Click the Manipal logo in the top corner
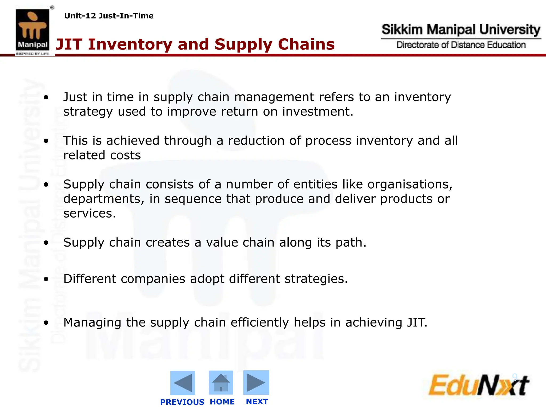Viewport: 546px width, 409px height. click(x=33, y=31)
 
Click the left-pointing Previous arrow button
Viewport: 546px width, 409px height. click(x=183, y=383)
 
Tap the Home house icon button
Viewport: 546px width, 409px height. click(x=221, y=382)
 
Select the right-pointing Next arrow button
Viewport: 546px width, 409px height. click(x=256, y=382)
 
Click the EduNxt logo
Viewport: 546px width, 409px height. click(x=479, y=385)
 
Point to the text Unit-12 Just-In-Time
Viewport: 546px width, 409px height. click(x=109, y=16)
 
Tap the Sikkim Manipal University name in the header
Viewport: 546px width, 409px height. click(x=461, y=30)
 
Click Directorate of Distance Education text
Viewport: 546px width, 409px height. click(x=461, y=45)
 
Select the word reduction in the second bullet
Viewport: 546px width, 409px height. click(x=256, y=141)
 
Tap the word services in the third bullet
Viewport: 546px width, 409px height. click(x=89, y=214)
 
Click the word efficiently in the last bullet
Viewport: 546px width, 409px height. click(x=259, y=323)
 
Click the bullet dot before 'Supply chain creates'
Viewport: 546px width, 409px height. click(x=46, y=243)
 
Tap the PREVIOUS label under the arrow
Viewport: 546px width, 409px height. click(x=182, y=402)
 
